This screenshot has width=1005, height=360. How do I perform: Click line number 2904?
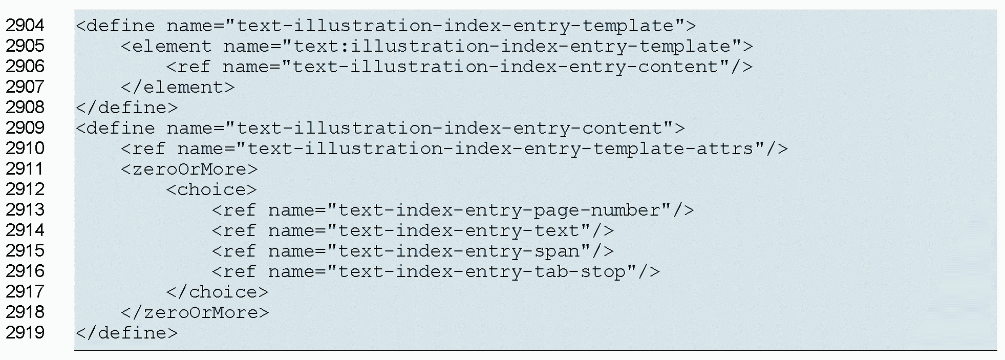(x=25, y=26)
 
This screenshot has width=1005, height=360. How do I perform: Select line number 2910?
(x=25, y=149)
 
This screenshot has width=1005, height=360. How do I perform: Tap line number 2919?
(x=25, y=333)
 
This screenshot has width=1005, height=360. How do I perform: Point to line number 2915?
(x=25, y=251)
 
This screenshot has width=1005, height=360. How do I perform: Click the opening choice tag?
(x=211, y=189)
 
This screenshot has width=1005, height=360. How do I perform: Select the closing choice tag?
(x=217, y=292)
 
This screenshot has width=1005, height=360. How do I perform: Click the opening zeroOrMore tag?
(x=189, y=169)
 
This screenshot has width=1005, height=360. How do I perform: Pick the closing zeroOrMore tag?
(x=195, y=312)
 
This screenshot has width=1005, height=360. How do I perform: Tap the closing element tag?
(x=178, y=87)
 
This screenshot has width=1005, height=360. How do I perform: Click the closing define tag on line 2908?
(x=126, y=108)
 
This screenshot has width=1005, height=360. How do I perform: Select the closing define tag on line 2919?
(x=126, y=333)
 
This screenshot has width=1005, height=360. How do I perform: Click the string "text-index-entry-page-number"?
(x=499, y=210)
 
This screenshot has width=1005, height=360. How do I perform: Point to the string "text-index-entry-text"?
(x=459, y=230)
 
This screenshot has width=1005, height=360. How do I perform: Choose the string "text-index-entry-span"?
(x=459, y=251)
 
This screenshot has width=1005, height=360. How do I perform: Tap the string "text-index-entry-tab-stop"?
(x=482, y=271)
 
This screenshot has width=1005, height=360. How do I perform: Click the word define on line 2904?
(x=121, y=26)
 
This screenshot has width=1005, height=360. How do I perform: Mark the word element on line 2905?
(x=172, y=46)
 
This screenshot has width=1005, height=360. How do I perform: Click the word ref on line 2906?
(x=194, y=67)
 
